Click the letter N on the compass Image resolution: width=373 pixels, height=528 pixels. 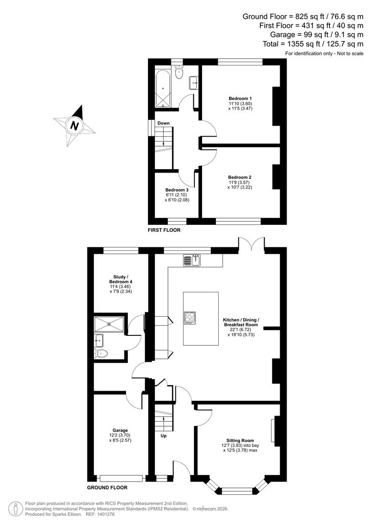(x=74, y=126)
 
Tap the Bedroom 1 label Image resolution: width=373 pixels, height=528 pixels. (x=240, y=98)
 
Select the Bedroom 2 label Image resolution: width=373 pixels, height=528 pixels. (x=240, y=177)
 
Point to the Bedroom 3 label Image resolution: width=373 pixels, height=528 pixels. (x=176, y=190)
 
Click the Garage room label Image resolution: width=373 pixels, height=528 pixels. (x=120, y=430)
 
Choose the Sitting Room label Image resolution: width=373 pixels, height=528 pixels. (x=239, y=440)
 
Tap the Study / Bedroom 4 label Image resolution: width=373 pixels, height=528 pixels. (x=120, y=279)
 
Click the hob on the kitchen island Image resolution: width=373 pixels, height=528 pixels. (x=190, y=318)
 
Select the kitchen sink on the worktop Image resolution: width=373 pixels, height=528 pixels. (x=192, y=261)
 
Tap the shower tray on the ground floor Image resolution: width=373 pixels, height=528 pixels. (x=110, y=323)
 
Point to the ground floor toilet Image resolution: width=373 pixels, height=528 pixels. (x=102, y=353)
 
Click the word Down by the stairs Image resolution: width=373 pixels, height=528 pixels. (x=164, y=123)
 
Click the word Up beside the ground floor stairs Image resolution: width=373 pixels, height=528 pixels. (x=163, y=435)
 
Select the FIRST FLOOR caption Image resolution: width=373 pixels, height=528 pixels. (x=164, y=229)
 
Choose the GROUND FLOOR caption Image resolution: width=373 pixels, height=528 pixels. (x=107, y=487)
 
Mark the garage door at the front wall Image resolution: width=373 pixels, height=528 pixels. (x=121, y=478)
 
